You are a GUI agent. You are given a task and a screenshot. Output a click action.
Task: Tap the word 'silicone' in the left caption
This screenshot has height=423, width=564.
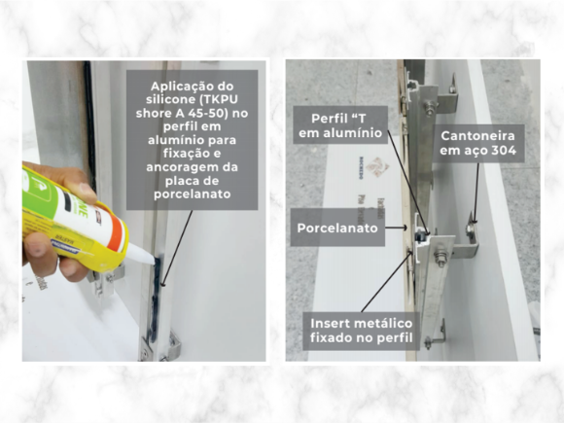(174, 99)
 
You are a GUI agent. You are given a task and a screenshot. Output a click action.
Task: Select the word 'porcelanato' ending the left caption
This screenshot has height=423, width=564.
(193, 194)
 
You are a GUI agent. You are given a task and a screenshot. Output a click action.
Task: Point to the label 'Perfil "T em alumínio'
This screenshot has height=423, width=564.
(340, 125)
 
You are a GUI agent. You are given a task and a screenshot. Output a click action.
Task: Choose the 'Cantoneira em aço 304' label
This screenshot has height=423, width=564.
(478, 143)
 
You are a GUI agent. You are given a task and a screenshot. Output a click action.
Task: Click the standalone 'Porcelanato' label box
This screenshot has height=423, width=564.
(337, 228)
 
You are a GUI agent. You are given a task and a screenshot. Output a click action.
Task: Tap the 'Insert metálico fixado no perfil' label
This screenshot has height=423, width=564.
(361, 331)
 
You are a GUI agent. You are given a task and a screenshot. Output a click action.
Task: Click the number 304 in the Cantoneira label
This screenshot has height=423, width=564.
(504, 151)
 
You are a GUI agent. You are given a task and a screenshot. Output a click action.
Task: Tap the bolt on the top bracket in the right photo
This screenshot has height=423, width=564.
(429, 108)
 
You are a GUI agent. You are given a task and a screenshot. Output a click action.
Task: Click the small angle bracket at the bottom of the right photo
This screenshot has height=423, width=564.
(437, 335)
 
